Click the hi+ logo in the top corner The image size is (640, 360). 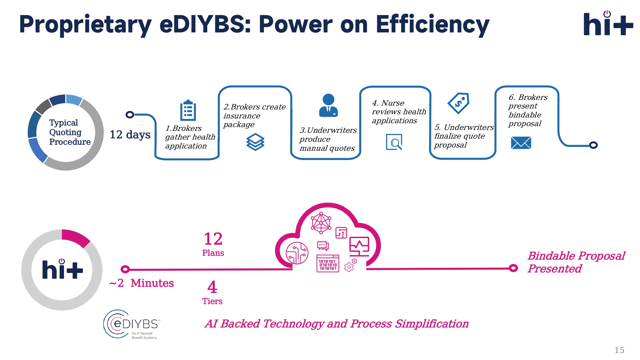[x=608, y=24]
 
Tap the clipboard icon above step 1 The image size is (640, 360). [x=188, y=111]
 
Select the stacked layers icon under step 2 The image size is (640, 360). [x=255, y=142]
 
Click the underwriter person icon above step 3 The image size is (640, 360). [x=328, y=105]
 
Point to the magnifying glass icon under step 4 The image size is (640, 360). [x=394, y=142]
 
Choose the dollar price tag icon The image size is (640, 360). [x=459, y=103]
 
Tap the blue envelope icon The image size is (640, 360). [x=521, y=143]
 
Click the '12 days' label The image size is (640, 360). [x=130, y=135]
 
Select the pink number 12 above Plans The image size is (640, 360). [x=213, y=239]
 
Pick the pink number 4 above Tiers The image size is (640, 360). [x=212, y=287]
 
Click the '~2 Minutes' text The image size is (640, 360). [x=141, y=283]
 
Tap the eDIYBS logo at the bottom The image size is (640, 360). [x=131, y=324]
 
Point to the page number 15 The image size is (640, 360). [x=619, y=350]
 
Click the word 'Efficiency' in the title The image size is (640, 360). [x=432, y=25]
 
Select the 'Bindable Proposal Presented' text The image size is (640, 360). [x=576, y=262]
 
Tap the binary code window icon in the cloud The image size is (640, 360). [x=328, y=263]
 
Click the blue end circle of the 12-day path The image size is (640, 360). [x=593, y=145]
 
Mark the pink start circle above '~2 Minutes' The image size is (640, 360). [x=125, y=269]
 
